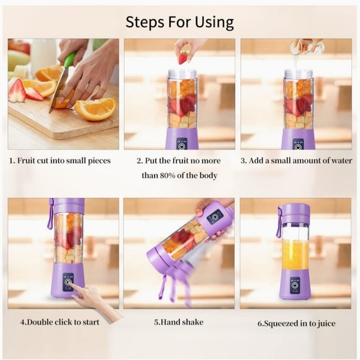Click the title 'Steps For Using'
tap(179, 22)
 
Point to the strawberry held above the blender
tap(182, 58)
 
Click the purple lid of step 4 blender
tap(68, 205)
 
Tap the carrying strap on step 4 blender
tap(50, 215)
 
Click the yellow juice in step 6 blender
tap(295, 254)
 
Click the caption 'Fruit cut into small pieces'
tap(60, 161)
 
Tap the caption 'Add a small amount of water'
tap(296, 161)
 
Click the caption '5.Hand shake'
tap(179, 322)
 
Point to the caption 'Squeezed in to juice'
tap(296, 323)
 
